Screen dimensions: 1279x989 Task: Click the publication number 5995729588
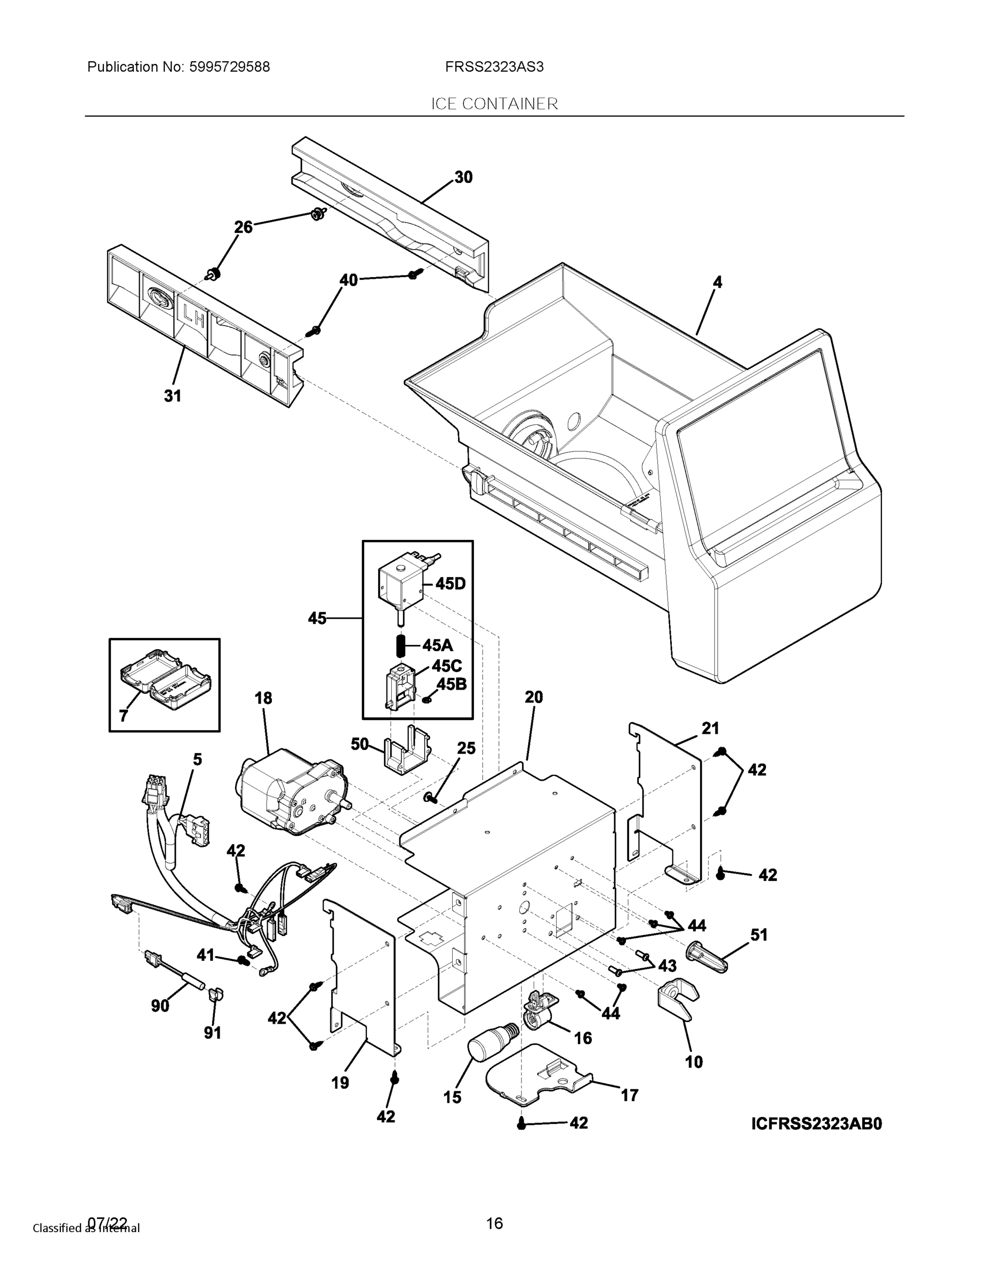(x=229, y=67)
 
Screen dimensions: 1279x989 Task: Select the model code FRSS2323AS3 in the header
(x=494, y=67)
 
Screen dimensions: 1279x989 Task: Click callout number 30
(x=463, y=177)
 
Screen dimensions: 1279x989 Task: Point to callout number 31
(x=172, y=396)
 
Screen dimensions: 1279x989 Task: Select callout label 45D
(x=451, y=584)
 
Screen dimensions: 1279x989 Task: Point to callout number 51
(x=759, y=935)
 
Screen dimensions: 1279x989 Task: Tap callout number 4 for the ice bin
(x=718, y=282)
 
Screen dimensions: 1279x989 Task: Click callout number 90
(x=160, y=1006)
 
